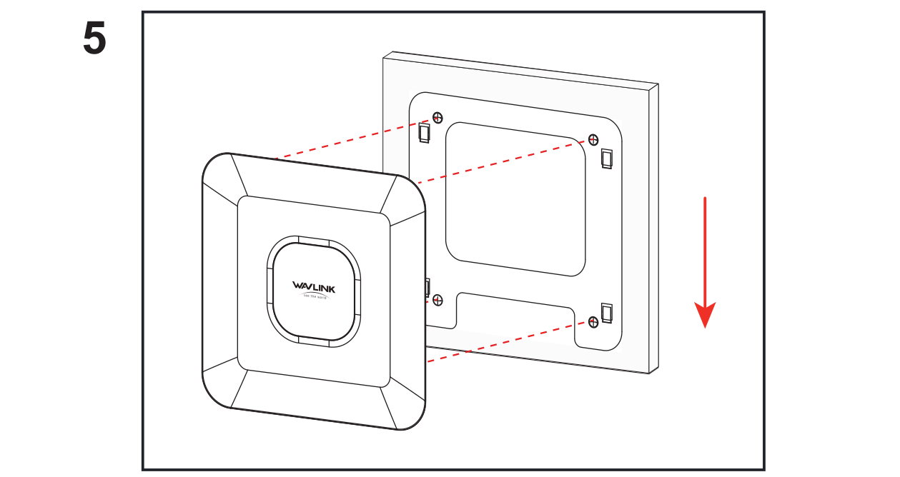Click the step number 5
pyautogui.click(x=94, y=40)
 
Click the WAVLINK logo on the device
pyautogui.click(x=313, y=287)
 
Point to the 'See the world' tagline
pyautogui.click(x=314, y=296)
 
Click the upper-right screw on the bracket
pyautogui.click(x=592, y=139)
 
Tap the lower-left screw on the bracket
pyautogui.click(x=438, y=299)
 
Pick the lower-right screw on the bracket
pyautogui.click(x=592, y=322)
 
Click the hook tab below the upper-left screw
pyautogui.click(x=424, y=132)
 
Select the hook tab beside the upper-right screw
pyautogui.click(x=607, y=158)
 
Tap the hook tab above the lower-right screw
pyautogui.click(x=607, y=311)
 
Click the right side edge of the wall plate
pyautogui.click(x=653, y=229)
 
